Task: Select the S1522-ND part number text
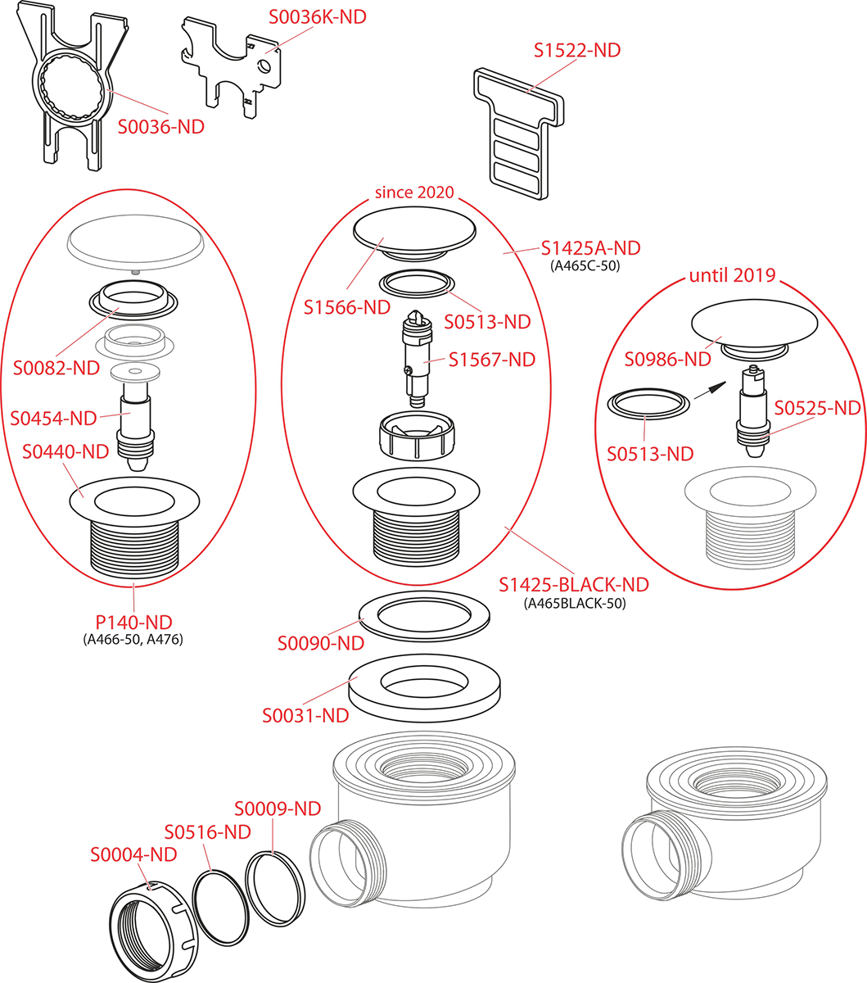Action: [577, 50]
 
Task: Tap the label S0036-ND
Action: [161, 127]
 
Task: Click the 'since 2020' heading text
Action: [413, 193]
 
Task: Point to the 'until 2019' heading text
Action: [732, 274]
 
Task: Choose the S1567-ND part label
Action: [492, 360]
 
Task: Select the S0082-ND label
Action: [56, 368]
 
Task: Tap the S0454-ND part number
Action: [54, 419]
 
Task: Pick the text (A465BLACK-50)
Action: [574, 604]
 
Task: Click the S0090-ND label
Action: [320, 643]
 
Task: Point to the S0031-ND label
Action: [305, 715]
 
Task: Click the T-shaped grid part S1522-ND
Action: [517, 131]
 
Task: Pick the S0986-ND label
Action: [667, 358]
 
